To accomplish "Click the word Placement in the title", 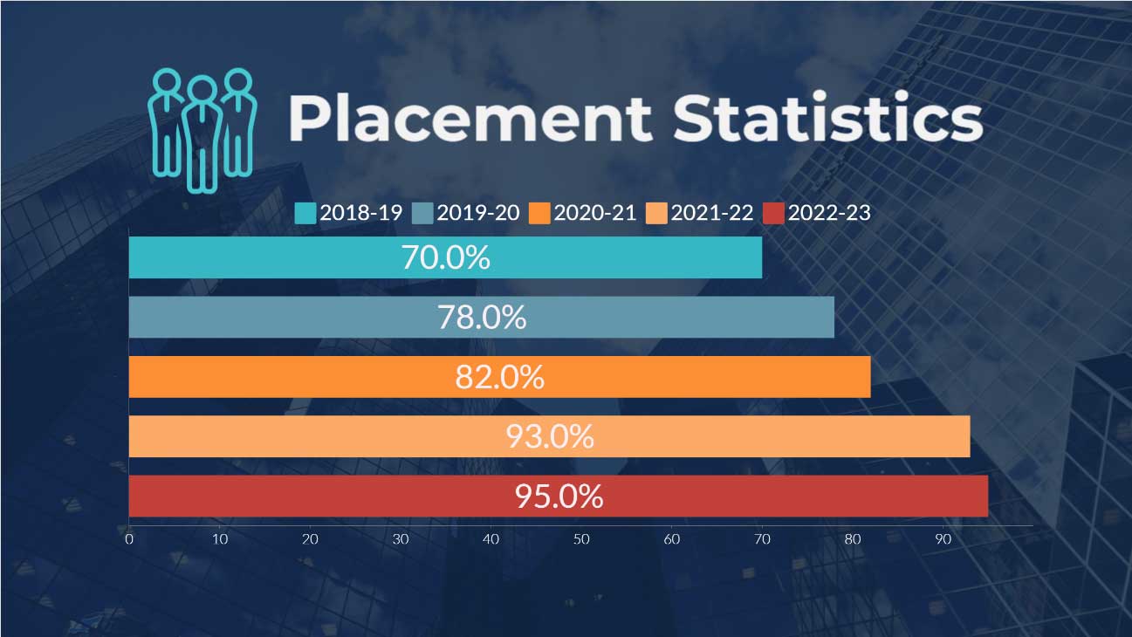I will click(470, 119).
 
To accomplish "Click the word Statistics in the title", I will click(827, 119).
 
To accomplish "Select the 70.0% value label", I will click(445, 257).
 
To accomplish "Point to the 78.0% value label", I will click(482, 317).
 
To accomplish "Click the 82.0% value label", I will click(499, 377).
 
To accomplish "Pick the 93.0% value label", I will click(550, 436).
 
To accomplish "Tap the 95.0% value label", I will click(559, 497).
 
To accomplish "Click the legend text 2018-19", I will click(360, 212).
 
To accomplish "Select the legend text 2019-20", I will click(477, 212).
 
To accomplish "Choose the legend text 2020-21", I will click(595, 212).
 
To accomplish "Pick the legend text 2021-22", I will click(712, 212).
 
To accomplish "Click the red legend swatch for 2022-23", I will click(773, 213).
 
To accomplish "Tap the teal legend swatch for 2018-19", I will click(305, 213).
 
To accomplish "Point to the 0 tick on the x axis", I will click(129, 539).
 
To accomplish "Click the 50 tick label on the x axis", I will click(581, 539).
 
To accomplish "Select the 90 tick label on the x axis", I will click(943, 539).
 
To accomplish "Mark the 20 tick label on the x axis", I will click(310, 539).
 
